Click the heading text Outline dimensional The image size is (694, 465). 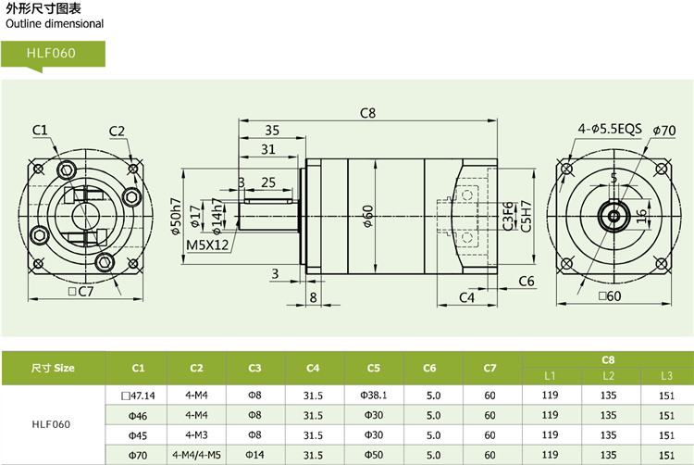click(55, 24)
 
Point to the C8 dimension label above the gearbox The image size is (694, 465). click(367, 113)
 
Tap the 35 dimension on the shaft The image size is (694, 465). click(271, 131)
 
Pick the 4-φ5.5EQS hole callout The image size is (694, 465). click(610, 129)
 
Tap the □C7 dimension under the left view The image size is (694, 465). click(82, 292)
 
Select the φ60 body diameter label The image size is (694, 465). click(367, 218)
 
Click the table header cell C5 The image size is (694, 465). click(374, 368)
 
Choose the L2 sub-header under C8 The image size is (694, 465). click(608, 376)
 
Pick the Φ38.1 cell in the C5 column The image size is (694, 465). click(374, 396)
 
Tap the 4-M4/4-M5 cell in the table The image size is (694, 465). click(196, 455)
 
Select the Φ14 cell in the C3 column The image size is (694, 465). click(255, 455)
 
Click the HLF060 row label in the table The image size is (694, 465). click(53, 425)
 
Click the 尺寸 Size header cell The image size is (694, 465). click(53, 368)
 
